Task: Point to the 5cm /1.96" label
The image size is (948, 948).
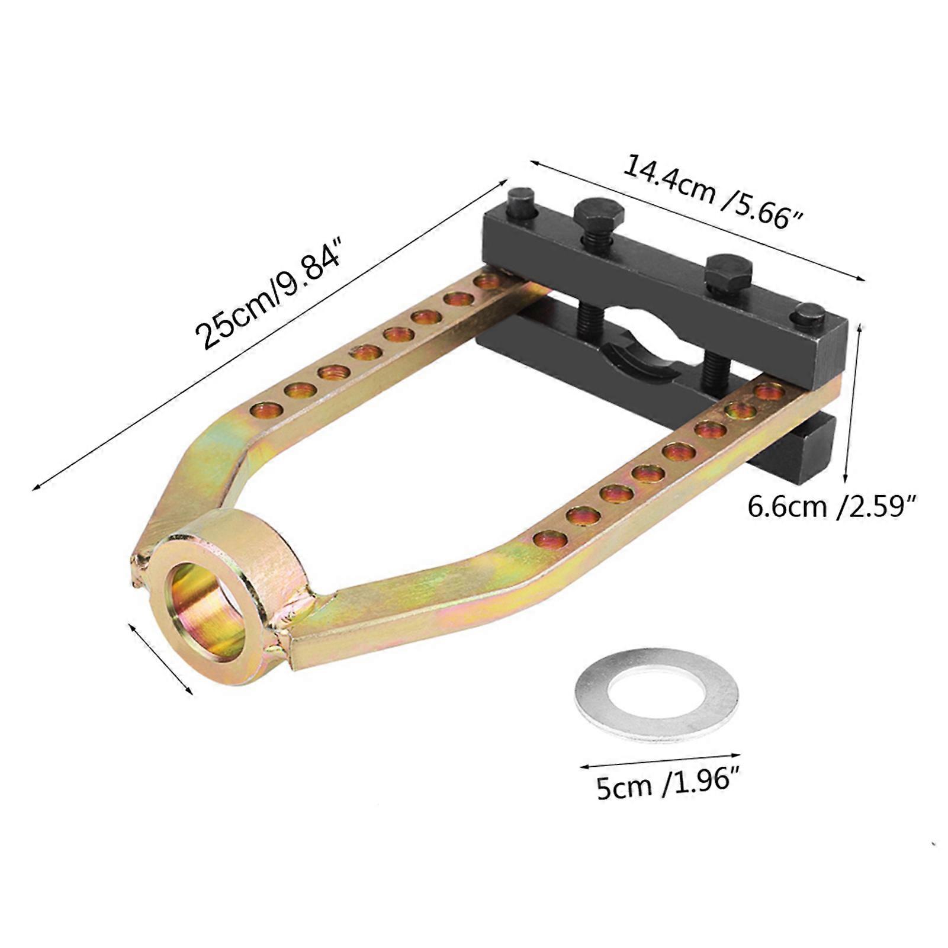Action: click(x=669, y=785)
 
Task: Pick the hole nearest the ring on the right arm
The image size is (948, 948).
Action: click(x=550, y=539)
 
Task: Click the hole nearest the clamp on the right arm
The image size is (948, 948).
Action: click(x=768, y=391)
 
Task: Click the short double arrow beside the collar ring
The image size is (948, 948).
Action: click(x=160, y=658)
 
